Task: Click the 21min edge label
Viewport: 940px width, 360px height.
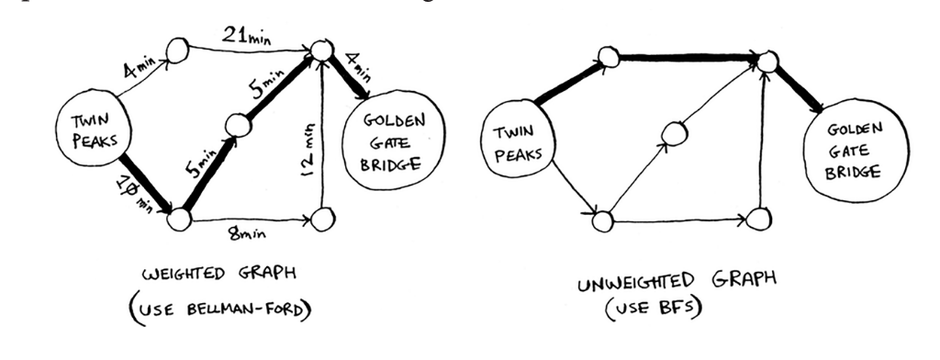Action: pyautogui.click(x=248, y=35)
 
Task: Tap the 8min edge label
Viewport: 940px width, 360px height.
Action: pyautogui.click(x=247, y=235)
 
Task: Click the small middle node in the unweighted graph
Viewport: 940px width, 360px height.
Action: pyautogui.click(x=675, y=133)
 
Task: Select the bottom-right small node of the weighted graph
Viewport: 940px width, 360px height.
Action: pyautogui.click(x=320, y=219)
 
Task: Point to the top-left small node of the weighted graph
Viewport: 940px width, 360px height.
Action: pyautogui.click(x=178, y=50)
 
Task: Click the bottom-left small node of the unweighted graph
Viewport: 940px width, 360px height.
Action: pyautogui.click(x=602, y=220)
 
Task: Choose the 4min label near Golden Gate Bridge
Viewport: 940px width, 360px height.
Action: pyautogui.click(x=357, y=69)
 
